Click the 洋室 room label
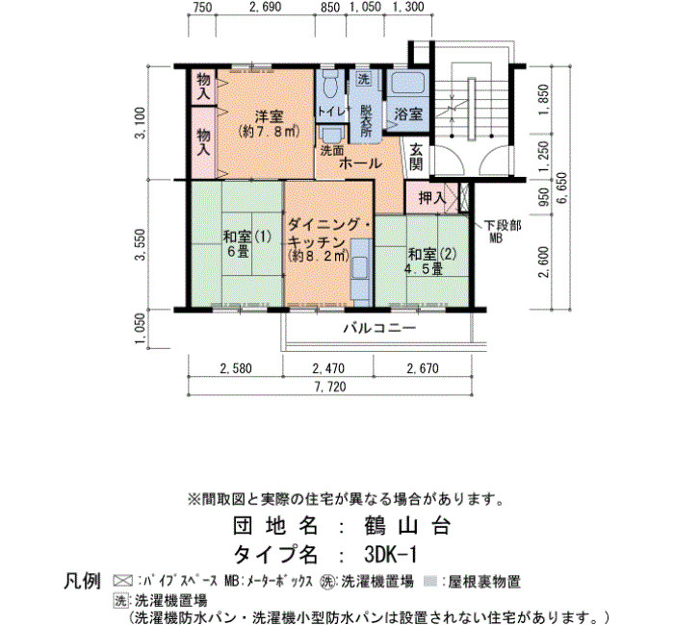click(269, 116)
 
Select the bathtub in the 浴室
click(406, 83)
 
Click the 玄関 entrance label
click(416, 157)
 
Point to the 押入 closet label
click(432, 197)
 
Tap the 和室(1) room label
click(247, 237)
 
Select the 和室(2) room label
click(432, 254)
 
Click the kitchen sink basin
click(360, 266)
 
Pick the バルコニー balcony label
click(379, 329)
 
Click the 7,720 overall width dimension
click(330, 387)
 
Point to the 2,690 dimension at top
click(266, 7)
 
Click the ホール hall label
click(360, 163)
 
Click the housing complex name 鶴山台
click(406, 525)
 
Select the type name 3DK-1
click(390, 554)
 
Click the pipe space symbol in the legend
click(123, 581)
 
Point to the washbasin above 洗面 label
click(331, 134)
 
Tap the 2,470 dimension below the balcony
click(328, 368)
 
